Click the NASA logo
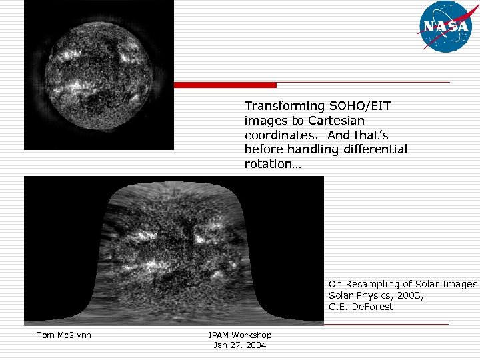tap(444, 27)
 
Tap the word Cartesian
tap(336, 121)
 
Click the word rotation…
tap(273, 164)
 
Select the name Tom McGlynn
tap(63, 335)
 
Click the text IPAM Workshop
tap(239, 335)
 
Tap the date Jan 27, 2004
tap(239, 345)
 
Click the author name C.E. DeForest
tap(361, 307)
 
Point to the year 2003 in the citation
tap(409, 295)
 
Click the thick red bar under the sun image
tap(225, 85)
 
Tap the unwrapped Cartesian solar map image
tap(173, 251)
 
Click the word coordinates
tap(275, 135)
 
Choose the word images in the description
tap(263, 121)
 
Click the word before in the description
tap(261, 149)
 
